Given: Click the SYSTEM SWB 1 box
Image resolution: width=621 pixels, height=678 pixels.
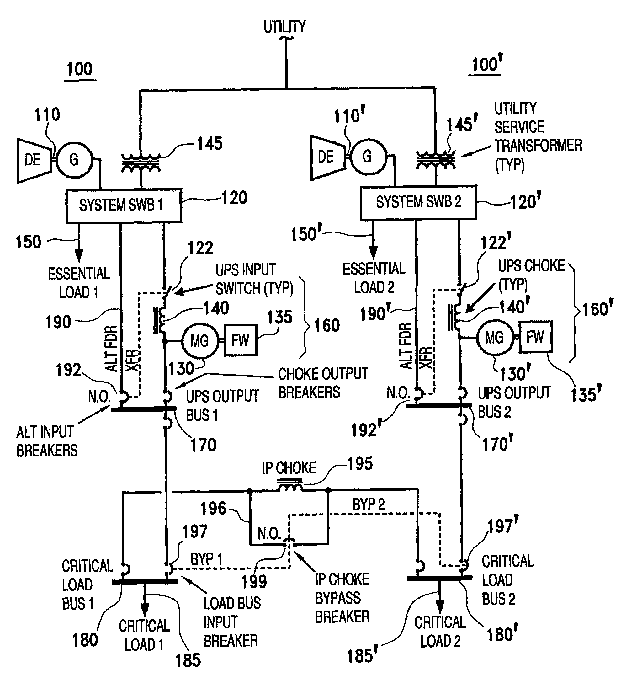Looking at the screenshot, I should coord(124,206).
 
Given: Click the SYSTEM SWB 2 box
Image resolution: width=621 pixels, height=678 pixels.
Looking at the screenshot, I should coord(418,202).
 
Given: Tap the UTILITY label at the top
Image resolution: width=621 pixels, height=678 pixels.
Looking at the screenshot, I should coord(284,27).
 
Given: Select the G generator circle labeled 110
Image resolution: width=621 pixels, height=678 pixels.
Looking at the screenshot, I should coord(74,159).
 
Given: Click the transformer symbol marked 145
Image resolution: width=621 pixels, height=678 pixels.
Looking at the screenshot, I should coord(141,163).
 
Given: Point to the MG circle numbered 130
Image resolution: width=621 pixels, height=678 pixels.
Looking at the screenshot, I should coord(200,341).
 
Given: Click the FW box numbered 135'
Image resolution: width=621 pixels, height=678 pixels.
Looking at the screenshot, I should coord(535,337).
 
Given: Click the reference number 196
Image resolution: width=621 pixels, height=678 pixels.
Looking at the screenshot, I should coord(213,509).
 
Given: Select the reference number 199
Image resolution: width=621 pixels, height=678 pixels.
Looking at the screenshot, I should coord(254,581).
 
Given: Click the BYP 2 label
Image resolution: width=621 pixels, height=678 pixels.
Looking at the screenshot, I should coord(368,505).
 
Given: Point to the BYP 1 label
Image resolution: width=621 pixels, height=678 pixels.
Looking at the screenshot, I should coord(206,559).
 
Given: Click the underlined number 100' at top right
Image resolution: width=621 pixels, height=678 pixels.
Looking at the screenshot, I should coord(486,64).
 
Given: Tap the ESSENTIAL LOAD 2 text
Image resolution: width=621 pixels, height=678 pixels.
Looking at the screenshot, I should coord(374,278).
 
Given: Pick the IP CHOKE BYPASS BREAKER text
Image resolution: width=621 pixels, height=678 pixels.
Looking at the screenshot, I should coord(342,598).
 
